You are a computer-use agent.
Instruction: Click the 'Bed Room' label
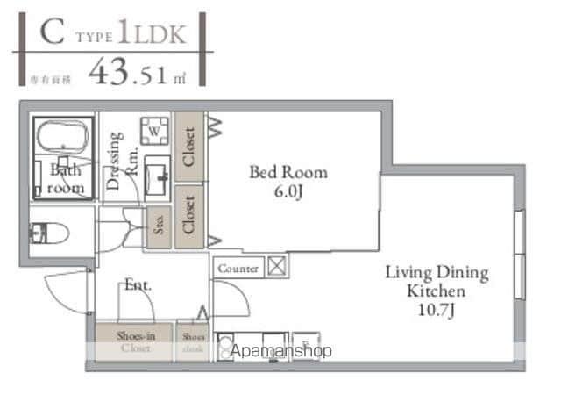tap(288, 173)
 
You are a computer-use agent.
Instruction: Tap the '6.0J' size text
tap(288, 192)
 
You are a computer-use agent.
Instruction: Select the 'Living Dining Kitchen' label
tap(436, 281)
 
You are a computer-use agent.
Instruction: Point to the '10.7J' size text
tap(436, 310)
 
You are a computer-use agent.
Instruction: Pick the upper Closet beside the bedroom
tap(188, 146)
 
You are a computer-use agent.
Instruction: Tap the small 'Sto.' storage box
tap(160, 226)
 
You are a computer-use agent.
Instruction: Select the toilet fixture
tap(39, 233)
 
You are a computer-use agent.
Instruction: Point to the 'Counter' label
tap(238, 269)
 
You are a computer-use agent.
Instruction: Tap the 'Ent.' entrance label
tap(137, 284)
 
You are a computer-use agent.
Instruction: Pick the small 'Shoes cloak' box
tap(193, 341)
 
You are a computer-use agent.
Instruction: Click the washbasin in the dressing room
tap(158, 177)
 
